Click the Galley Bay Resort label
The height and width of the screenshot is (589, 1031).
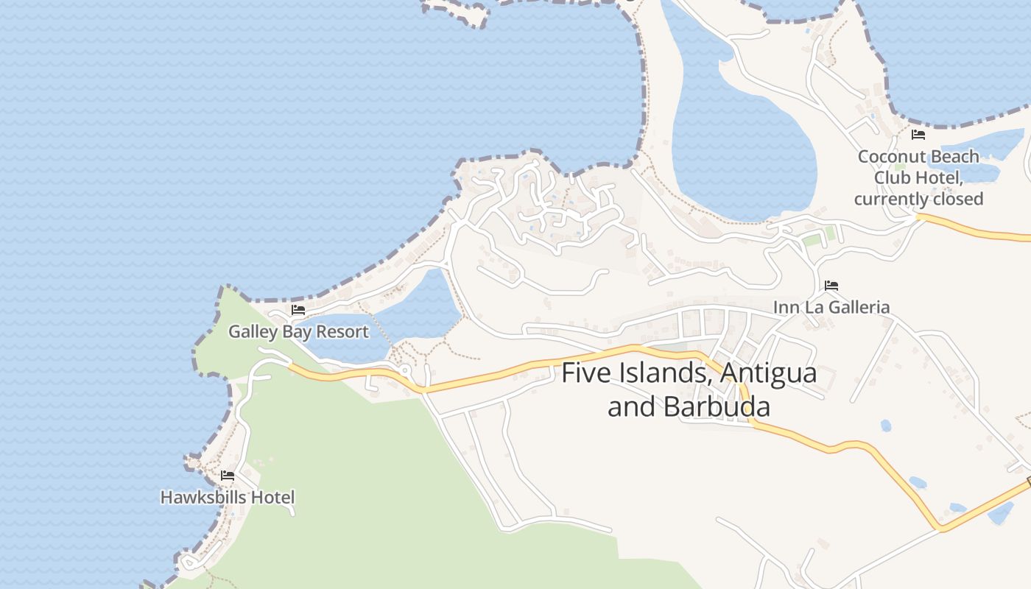[x=298, y=331]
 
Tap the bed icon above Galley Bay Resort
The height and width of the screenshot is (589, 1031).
[x=298, y=310]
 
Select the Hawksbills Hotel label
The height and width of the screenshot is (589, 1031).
[x=228, y=497]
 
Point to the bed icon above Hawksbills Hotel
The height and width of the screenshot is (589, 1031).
[x=228, y=476]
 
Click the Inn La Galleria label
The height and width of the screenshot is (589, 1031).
[x=831, y=307]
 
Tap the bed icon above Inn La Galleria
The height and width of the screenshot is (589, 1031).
[x=831, y=286]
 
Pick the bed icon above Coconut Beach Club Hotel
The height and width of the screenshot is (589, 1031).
[x=918, y=135]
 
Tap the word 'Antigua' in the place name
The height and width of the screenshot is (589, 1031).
[x=768, y=373]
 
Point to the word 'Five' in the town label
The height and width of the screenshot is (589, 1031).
[x=585, y=373]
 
